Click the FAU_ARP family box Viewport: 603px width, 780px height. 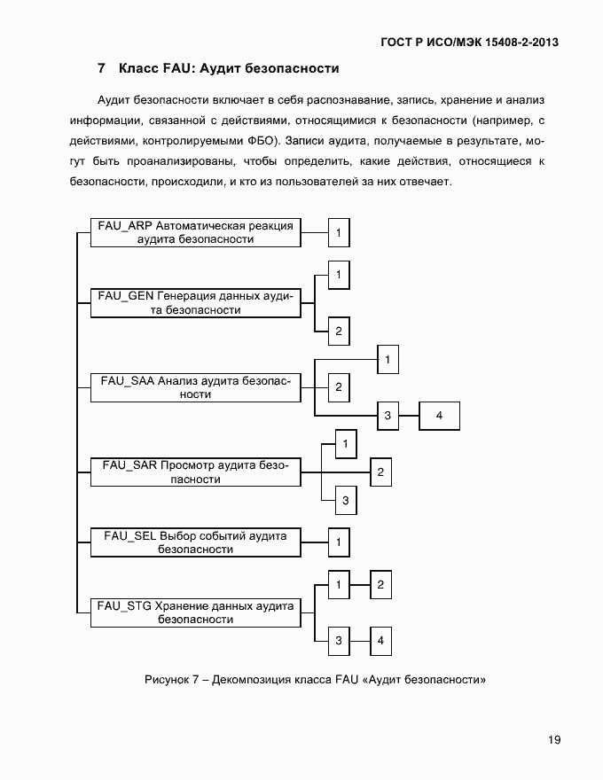(x=195, y=232)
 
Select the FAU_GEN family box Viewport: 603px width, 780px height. (x=195, y=302)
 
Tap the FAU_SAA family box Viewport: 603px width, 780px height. (x=195, y=387)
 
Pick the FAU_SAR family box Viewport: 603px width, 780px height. (x=195, y=472)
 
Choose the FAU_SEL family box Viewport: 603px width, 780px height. (x=195, y=542)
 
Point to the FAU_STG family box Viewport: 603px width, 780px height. (x=195, y=612)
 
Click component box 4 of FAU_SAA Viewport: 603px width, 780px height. (x=439, y=415)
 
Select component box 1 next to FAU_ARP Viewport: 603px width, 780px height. (x=339, y=233)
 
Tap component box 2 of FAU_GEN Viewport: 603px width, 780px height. (x=339, y=331)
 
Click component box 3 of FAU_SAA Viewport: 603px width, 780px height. (x=387, y=415)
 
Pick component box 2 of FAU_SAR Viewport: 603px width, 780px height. (x=380, y=472)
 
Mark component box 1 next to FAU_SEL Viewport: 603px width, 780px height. (x=339, y=541)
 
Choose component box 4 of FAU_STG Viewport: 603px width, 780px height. (x=380, y=640)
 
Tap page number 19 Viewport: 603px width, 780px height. (x=553, y=740)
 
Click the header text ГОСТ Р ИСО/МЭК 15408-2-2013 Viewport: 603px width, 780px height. (x=469, y=42)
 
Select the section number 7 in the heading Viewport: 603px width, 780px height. (x=102, y=68)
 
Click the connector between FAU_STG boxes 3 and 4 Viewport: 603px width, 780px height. (x=359, y=640)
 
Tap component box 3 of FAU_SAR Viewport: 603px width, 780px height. (x=346, y=501)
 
